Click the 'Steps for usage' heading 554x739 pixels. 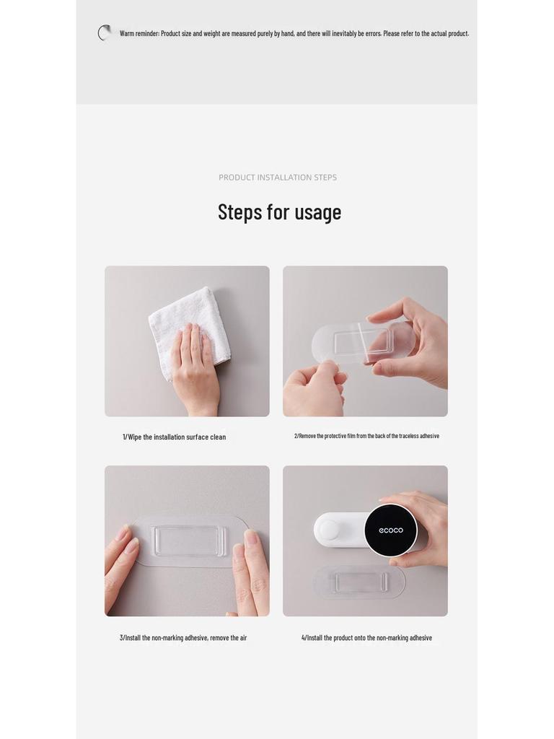279,212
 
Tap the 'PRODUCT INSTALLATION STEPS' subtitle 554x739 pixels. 278,178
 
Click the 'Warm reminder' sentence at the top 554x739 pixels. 294,33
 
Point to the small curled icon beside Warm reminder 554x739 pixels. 105,32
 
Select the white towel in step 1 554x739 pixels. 190,325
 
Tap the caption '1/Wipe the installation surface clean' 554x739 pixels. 175,437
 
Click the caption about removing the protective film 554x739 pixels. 366,436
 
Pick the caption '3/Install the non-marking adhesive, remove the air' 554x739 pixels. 183,638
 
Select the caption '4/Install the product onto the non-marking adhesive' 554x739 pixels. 366,638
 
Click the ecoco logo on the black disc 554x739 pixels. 391,530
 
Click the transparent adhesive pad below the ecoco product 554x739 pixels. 359,582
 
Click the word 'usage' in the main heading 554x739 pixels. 318,213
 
